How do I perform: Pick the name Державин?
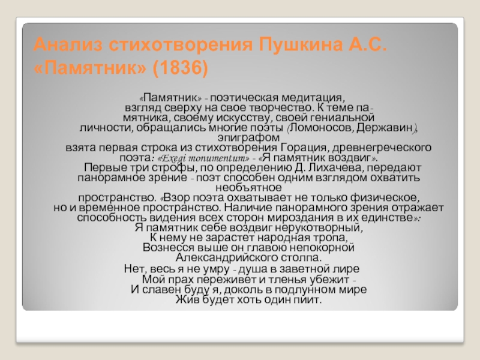point(385,128)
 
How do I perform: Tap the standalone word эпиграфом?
point(248,138)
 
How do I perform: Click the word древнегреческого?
point(382,148)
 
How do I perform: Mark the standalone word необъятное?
point(248,187)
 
